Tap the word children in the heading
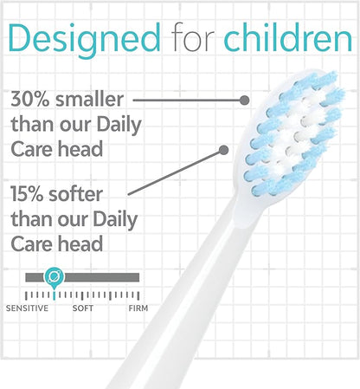286,38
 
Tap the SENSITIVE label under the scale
28,308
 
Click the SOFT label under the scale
83,308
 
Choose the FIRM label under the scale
138,308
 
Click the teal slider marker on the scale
54,277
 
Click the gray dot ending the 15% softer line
223,149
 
